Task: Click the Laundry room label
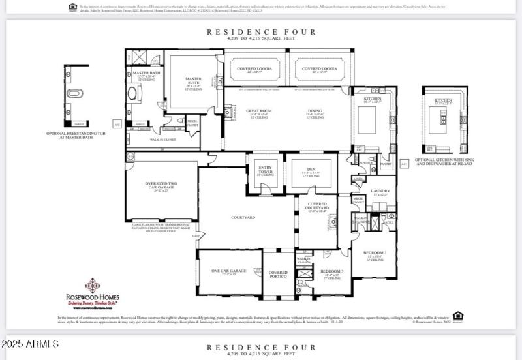pos(380,192)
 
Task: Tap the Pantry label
pos(386,164)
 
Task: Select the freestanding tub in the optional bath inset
pos(75,93)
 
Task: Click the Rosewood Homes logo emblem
pos(93,285)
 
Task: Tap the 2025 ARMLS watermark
pos(31,344)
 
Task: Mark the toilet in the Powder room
pos(371,159)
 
